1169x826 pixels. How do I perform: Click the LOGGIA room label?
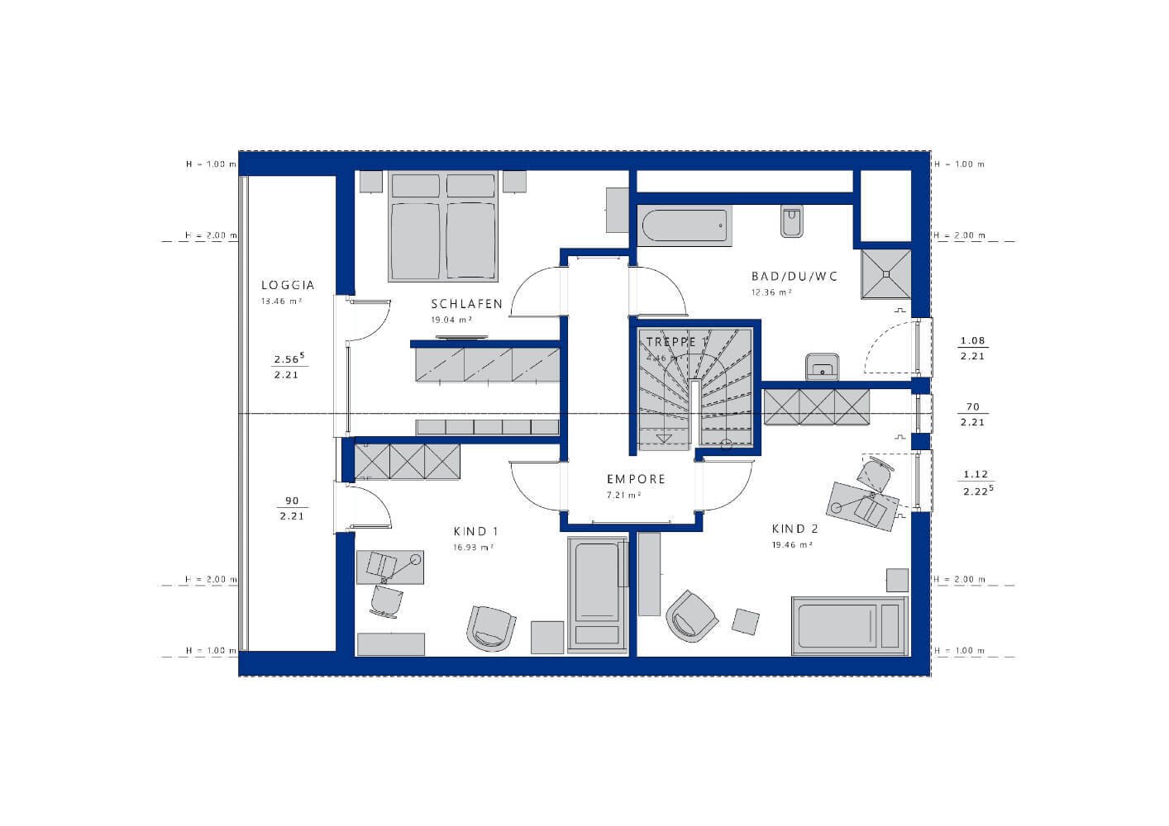click(x=287, y=286)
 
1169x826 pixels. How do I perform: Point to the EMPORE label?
click(x=636, y=479)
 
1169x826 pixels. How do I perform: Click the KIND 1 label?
click(x=475, y=531)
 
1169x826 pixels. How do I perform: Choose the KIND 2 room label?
click(x=794, y=529)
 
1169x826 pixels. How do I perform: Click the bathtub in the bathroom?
click(x=685, y=225)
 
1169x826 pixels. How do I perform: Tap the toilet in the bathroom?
click(x=791, y=221)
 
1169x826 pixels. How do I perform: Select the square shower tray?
click(x=885, y=273)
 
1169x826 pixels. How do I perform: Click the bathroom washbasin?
click(x=823, y=366)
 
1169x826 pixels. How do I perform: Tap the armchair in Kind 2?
click(x=691, y=615)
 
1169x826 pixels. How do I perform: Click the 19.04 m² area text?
click(x=451, y=319)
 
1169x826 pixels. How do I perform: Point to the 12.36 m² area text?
click(x=771, y=292)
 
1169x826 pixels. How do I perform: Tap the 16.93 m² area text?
click(x=473, y=547)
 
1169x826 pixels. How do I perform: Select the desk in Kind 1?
click(x=390, y=567)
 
